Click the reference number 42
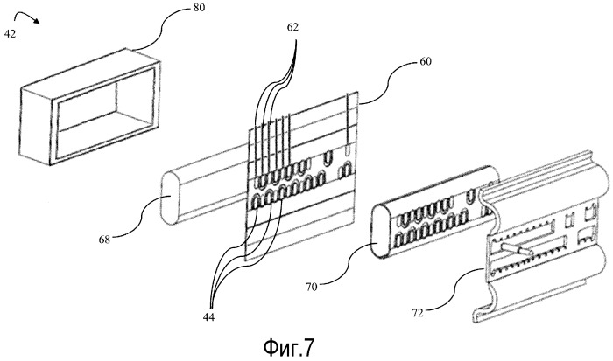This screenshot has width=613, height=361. tap(10, 34)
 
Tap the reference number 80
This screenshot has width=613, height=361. tap(199, 7)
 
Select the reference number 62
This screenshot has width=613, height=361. tap(292, 27)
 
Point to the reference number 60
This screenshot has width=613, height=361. tap(426, 61)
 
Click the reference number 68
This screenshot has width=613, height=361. tap(104, 240)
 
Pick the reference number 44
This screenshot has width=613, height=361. tap(208, 317)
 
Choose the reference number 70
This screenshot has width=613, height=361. tap(312, 288)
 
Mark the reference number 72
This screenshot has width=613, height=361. tap(418, 313)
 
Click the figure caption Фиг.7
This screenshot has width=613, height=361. tap(289, 347)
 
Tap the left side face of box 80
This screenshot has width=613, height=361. tap(36, 126)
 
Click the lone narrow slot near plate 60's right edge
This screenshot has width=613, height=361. tap(348, 150)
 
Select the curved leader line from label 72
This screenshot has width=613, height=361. tap(456, 289)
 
